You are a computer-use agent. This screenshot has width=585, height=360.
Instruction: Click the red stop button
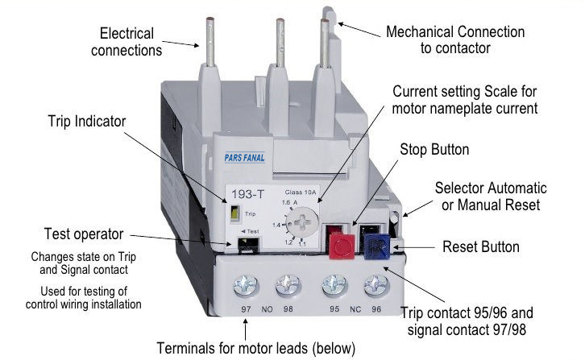342,246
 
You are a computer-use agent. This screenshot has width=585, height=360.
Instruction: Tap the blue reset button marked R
376,246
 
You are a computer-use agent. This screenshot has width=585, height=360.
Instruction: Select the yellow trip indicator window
234,213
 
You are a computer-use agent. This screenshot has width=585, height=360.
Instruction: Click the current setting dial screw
303,223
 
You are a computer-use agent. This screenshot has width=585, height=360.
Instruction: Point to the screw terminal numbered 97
246,287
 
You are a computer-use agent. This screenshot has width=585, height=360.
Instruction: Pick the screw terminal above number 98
288,287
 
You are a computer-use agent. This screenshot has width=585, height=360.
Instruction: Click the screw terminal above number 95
334,287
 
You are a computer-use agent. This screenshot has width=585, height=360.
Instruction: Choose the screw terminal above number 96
376,287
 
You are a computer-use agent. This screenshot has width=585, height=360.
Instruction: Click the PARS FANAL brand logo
245,158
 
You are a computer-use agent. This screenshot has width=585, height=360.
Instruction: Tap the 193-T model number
247,194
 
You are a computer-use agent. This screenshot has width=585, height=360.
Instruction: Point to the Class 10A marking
301,192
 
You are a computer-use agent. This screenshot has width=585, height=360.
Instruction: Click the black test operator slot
248,244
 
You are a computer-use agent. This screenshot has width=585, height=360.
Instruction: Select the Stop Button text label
434,150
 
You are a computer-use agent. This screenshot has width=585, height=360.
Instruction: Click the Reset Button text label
481,247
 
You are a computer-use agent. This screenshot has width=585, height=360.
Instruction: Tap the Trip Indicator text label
87,122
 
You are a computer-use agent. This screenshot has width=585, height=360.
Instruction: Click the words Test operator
84,234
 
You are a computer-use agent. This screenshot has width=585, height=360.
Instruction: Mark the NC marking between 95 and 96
355,309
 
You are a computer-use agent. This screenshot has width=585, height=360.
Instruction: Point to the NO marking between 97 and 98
268,309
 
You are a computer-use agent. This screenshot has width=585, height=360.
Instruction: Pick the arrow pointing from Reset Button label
413,247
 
